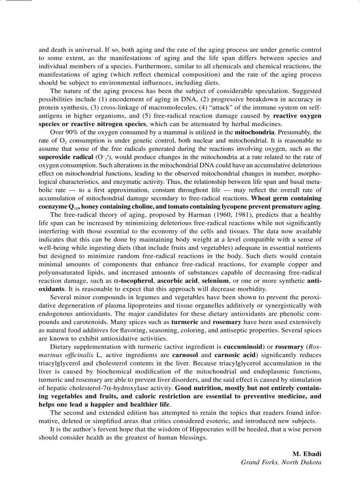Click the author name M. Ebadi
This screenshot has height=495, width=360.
click(307, 454)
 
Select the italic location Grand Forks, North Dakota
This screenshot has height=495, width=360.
click(281, 462)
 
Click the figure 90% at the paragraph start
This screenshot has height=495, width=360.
click(71, 132)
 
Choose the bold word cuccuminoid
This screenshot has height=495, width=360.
click(244, 346)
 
